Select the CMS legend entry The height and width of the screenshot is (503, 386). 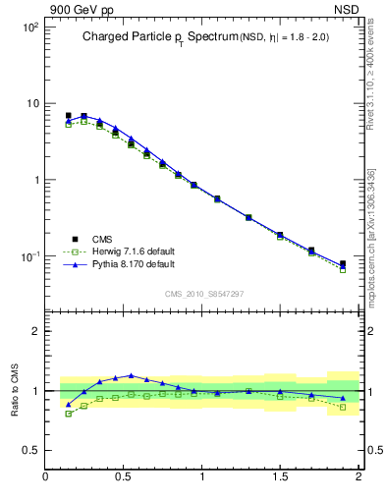pos(104,239)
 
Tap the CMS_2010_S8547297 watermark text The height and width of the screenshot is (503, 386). pos(203,293)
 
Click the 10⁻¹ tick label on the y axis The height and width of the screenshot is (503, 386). pos(29,256)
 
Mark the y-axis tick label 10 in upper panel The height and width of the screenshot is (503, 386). pos(31,104)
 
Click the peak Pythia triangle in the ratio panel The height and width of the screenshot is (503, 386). pos(131,375)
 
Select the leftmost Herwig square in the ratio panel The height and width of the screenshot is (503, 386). pos(68,414)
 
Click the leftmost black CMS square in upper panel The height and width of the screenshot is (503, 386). pos(68,116)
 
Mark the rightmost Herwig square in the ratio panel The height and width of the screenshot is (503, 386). pos(343,407)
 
